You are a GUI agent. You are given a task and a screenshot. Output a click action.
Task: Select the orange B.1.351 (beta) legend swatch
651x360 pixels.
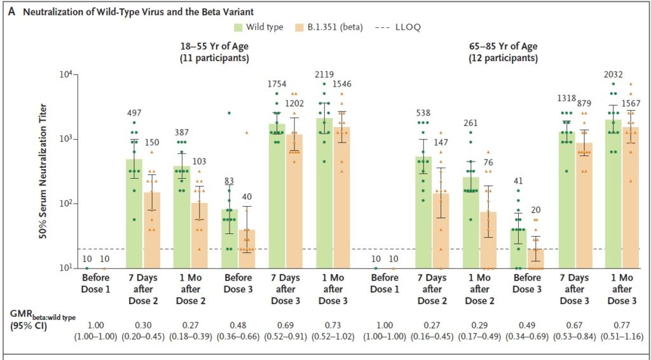pos(301,27)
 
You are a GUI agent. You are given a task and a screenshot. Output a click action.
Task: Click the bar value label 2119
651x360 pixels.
pos(324,74)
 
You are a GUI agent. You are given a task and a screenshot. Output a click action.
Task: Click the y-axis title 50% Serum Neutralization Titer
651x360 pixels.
pos(44,172)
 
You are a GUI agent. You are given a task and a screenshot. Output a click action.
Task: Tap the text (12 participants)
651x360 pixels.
pos(503,58)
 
